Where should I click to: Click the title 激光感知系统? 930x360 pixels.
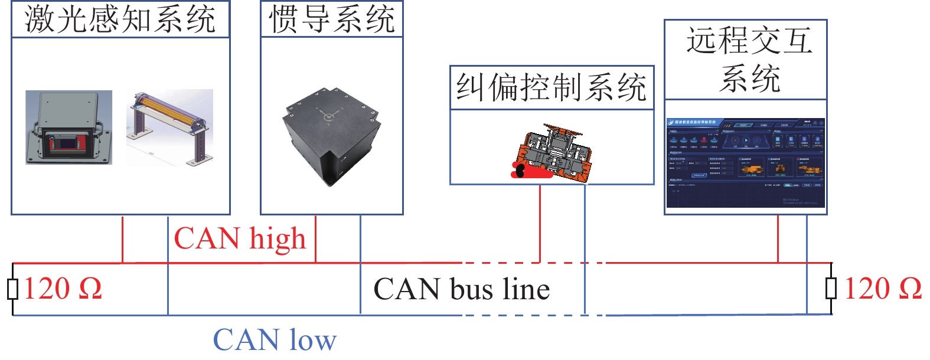click(120, 19)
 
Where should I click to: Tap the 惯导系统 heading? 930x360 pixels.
click(332, 19)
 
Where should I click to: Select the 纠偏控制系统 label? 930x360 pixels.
click(552, 87)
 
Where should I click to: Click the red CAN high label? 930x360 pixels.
click(240, 239)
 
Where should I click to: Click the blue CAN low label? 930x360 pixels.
click(275, 341)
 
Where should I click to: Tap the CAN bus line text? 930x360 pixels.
click(462, 289)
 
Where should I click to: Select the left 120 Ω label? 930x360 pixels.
click(63, 289)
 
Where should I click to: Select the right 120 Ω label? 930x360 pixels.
click(883, 289)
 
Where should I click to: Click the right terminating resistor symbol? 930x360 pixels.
click(831, 289)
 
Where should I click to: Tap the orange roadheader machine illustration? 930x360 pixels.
click(551, 152)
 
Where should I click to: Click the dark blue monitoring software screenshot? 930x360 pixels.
click(745, 162)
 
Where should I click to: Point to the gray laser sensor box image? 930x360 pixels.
click(68, 127)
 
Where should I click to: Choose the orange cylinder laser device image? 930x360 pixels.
click(170, 127)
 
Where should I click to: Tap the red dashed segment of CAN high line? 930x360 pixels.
click(502, 263)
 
